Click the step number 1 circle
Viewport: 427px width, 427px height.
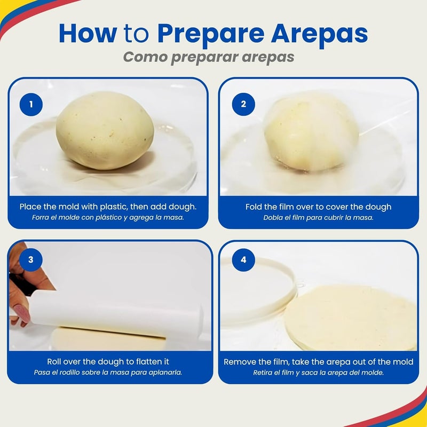tap(31, 104)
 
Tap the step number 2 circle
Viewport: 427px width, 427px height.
tap(243, 104)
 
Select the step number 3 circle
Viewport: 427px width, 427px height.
tap(31, 260)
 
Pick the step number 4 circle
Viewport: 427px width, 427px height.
tap(243, 260)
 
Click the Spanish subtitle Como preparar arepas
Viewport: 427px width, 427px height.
tap(209, 57)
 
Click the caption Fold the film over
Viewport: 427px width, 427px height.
tap(318, 207)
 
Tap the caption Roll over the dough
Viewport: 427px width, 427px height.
tap(108, 362)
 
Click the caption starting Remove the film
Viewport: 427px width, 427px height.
tap(318, 362)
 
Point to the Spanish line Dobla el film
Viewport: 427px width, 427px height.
tap(318, 218)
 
